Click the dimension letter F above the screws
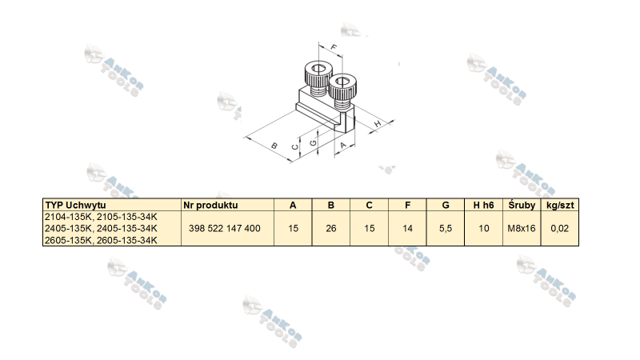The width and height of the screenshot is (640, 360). (334, 47)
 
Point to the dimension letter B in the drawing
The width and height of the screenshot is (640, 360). (274, 146)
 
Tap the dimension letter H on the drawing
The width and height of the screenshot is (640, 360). (378, 123)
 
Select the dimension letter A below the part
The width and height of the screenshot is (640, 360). (343, 145)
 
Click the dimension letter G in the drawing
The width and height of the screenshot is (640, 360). (313, 143)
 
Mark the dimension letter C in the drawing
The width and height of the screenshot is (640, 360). (294, 147)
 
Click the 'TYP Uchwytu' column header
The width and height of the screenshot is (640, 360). (75, 205)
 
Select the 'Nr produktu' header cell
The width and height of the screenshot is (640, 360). (210, 205)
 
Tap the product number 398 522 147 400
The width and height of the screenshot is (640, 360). (225, 229)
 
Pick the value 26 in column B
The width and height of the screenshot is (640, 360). (331, 229)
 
